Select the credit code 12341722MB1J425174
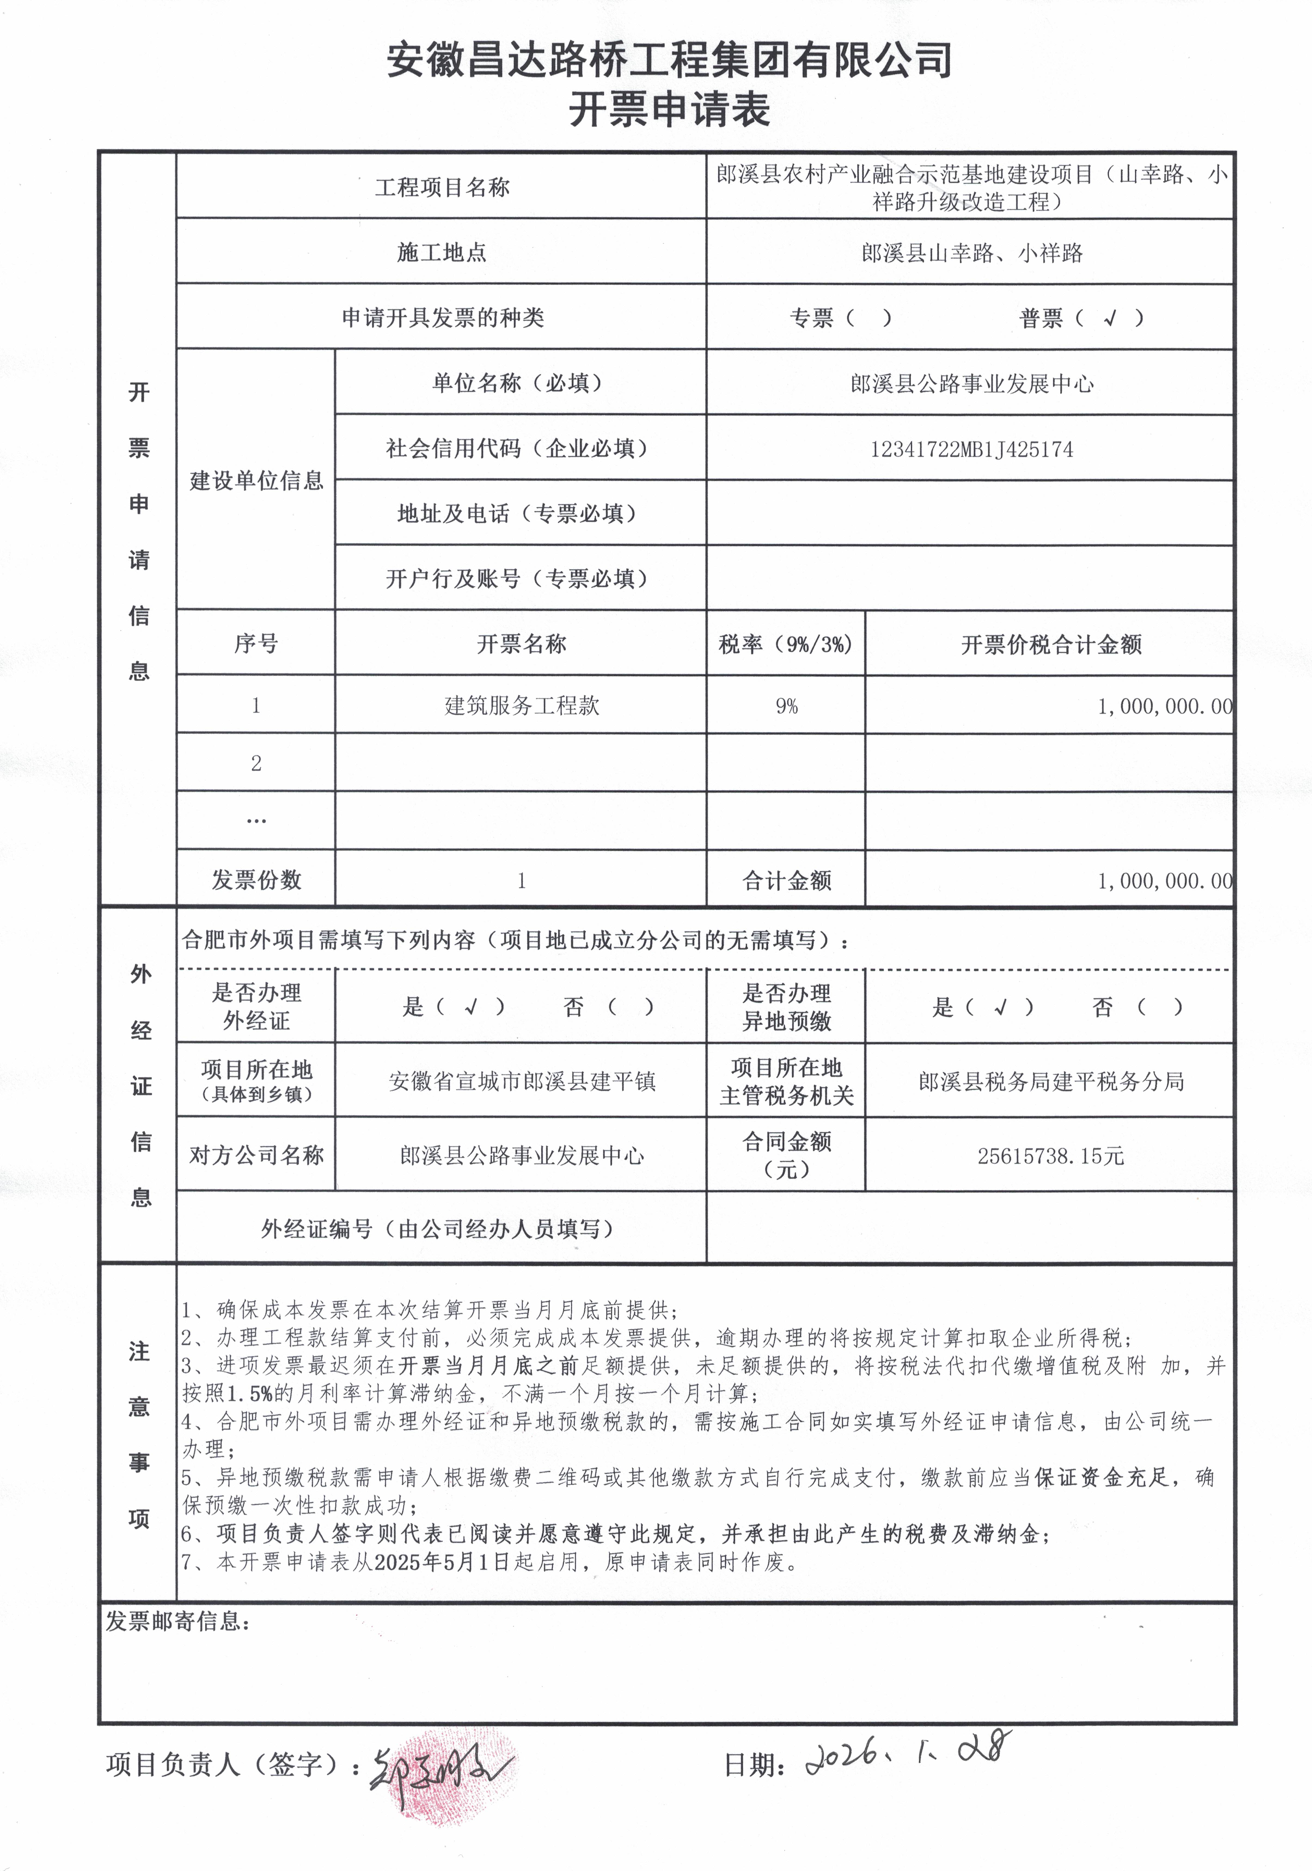[x=971, y=449]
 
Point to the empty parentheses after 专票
[x=869, y=318]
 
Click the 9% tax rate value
[x=786, y=706]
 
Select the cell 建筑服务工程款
[x=522, y=706]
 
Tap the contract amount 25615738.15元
[x=1050, y=1156]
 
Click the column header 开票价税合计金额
[x=1050, y=645]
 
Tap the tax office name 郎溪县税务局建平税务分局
[x=1050, y=1081]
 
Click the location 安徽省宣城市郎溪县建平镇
[x=522, y=1081]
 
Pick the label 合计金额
[x=786, y=880]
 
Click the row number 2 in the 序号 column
[x=256, y=764]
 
